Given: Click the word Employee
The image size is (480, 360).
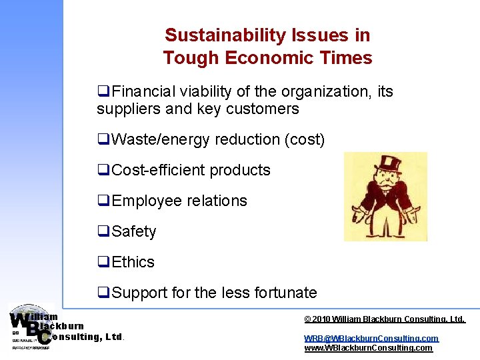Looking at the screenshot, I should (145, 201).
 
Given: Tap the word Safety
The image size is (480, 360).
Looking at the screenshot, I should (134, 231).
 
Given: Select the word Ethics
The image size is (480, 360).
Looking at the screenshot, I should (133, 262).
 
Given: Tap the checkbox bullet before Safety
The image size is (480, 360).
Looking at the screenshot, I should (103, 231).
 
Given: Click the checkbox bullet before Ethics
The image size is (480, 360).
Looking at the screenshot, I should (103, 262).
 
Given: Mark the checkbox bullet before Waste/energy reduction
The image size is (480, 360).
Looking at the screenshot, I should (103, 139).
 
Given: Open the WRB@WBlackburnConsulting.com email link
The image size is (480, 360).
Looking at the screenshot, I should (371, 339).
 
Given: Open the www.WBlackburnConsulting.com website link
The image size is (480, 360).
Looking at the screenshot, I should (368, 348).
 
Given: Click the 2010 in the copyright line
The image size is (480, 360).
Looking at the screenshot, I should (321, 320).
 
